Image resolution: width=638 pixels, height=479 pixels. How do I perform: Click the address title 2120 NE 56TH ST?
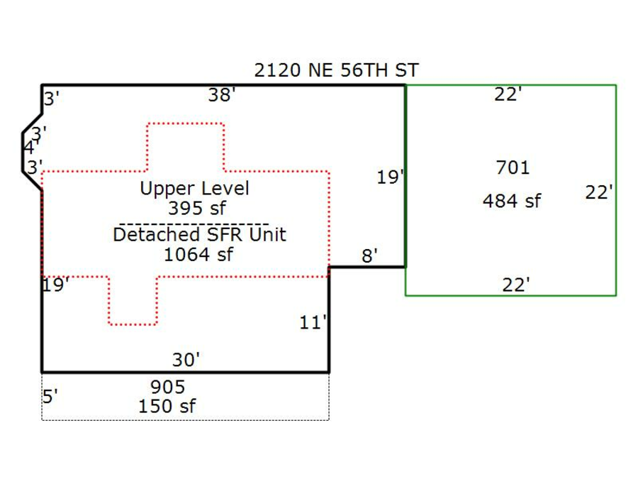[x=336, y=70]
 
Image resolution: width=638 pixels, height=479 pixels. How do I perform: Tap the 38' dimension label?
[x=221, y=95]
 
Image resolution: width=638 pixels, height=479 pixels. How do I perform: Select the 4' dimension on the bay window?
[x=29, y=148]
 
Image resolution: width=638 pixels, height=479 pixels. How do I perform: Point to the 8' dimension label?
[x=369, y=256]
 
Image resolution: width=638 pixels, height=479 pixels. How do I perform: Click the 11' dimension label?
[x=313, y=323]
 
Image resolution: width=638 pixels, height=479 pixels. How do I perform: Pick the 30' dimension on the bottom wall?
[x=186, y=360]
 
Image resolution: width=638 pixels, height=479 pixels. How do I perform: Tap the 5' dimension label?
[x=50, y=396]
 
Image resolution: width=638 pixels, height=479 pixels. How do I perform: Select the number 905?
[x=167, y=387]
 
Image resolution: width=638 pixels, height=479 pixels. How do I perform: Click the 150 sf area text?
[x=167, y=406]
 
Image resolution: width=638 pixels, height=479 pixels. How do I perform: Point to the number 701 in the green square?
[x=513, y=167]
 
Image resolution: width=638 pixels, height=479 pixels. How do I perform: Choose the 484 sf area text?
[x=511, y=201]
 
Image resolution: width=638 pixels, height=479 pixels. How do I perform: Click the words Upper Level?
[x=194, y=189]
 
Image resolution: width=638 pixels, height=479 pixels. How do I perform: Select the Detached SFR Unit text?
[x=199, y=234]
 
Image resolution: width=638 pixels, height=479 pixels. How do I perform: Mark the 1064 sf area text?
[x=198, y=254]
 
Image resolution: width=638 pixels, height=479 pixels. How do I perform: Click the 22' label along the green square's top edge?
[x=508, y=94]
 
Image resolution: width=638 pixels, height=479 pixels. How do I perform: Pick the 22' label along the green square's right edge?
[x=599, y=192]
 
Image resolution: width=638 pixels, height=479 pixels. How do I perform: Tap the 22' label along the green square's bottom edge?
[x=515, y=285]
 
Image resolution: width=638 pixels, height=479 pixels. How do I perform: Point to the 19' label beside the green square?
[x=390, y=177]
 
